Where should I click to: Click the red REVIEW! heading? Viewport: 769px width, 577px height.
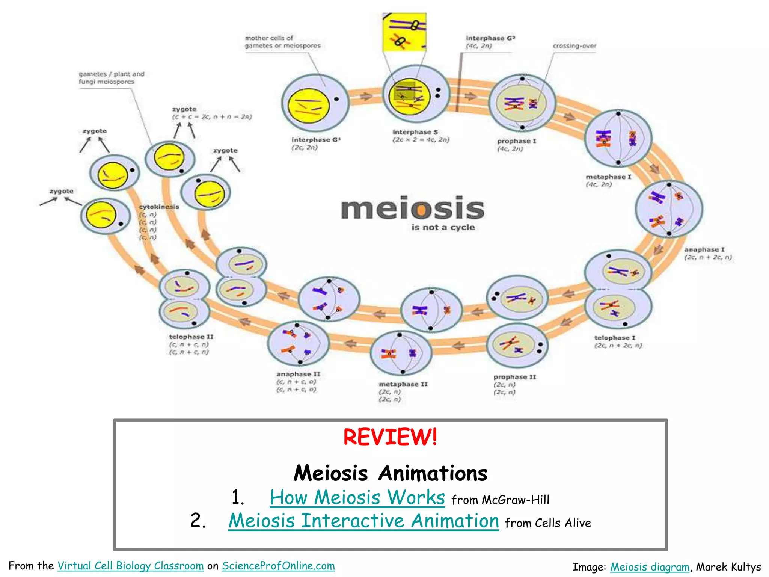390,437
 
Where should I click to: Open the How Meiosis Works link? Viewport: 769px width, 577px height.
357,498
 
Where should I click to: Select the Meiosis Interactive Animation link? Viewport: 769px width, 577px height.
363,521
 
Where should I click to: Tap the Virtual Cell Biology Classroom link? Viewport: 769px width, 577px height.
130,566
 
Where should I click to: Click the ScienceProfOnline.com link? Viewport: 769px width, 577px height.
278,566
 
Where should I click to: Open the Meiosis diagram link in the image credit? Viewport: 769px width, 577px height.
650,567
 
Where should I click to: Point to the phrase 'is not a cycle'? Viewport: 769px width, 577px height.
443,227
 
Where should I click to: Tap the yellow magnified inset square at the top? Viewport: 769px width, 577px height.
404,32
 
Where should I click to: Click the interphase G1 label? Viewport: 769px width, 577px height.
316,140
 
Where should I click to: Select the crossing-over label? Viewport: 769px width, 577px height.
574,46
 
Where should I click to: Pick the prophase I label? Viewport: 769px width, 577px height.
516,141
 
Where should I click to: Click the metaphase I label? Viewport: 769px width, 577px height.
608,177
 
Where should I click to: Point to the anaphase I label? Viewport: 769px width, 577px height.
704,249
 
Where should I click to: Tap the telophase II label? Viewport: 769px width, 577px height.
191,337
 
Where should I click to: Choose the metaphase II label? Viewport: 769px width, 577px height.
403,384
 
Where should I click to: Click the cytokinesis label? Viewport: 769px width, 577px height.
159,207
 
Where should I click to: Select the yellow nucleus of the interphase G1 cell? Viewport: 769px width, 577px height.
308,106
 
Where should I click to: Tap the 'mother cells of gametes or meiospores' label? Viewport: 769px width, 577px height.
282,42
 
